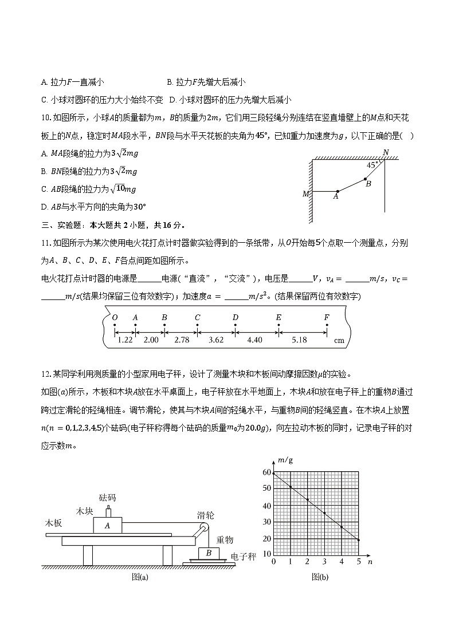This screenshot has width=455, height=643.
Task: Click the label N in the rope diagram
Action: point(386,152)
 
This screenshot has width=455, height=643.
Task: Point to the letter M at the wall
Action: point(305,194)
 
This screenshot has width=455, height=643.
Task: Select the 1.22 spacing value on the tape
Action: point(125,340)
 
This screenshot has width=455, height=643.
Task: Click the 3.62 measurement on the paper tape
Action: point(216,340)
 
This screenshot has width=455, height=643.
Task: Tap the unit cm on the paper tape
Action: point(339,340)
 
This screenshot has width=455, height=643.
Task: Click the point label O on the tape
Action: point(115,317)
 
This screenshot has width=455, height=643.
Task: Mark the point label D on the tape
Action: point(235,317)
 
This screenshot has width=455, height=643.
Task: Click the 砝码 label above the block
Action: point(107,497)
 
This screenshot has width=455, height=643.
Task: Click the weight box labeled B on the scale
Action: point(209,554)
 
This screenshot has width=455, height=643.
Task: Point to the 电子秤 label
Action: point(243,557)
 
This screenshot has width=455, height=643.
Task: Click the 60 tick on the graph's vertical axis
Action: point(266,472)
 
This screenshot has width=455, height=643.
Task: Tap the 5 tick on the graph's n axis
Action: point(358,562)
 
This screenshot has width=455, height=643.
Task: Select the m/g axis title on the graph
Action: point(285,460)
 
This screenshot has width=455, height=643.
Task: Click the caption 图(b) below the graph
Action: point(320,577)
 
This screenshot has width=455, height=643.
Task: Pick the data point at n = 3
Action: point(324,513)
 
